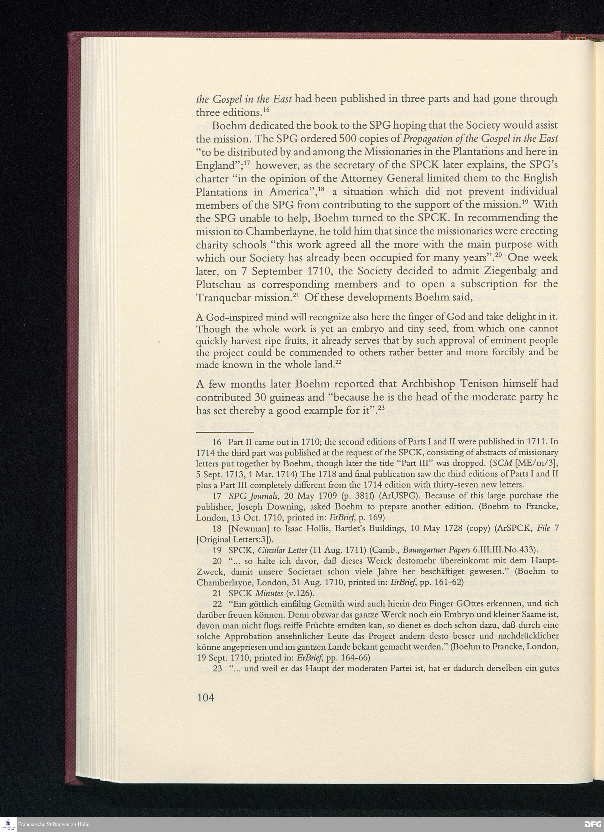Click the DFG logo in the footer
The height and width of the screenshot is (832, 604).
click(593, 824)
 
